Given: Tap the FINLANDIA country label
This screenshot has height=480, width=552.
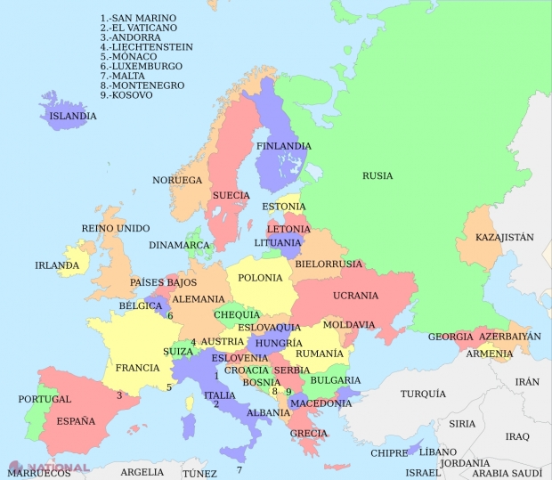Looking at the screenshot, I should coord(283,146).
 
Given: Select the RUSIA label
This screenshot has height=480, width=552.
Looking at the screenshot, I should coord(377,175).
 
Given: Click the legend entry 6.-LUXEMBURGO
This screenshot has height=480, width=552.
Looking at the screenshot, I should coord(142,66).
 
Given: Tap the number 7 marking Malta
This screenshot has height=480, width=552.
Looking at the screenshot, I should coord(239,469).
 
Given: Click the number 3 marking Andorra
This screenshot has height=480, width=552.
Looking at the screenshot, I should coord(118,395).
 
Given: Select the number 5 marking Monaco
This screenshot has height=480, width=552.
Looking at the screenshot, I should coord(169,387).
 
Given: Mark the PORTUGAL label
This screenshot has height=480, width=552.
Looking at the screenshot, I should coord(44,399).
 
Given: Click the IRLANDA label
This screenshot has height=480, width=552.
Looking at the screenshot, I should coord(57,265).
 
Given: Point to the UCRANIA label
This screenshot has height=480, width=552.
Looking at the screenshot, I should coord(355,296).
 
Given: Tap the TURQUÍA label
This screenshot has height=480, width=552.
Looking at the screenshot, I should coord(423,394).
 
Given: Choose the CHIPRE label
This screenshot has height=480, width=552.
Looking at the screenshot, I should coord(389,453).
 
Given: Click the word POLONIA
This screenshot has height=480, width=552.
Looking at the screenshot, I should coord(260,278).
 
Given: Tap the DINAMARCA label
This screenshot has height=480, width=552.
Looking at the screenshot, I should coord(179,245).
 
